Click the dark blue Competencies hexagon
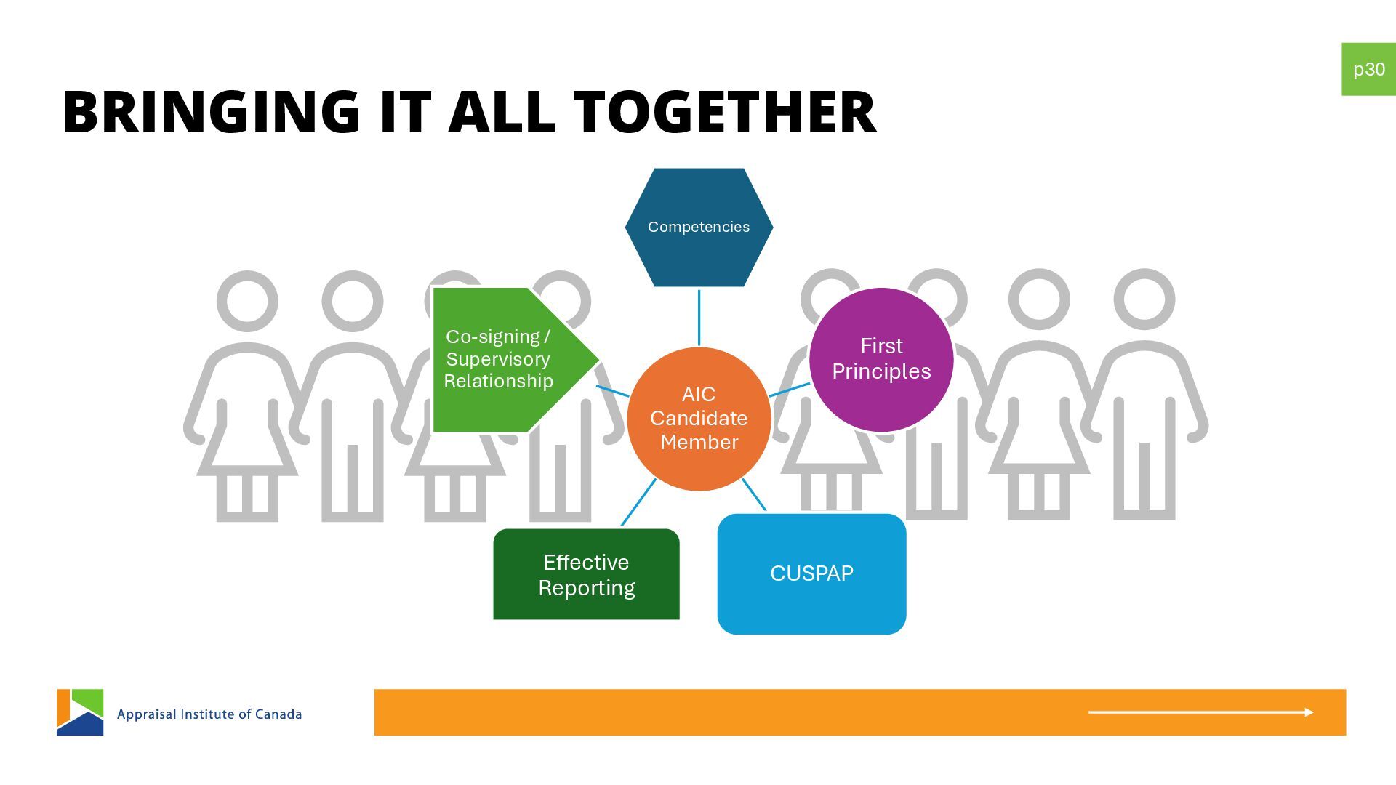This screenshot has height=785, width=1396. (699, 227)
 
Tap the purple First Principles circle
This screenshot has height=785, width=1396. (881, 359)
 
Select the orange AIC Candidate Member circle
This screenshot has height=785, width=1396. (699, 419)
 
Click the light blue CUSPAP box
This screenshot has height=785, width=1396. (811, 573)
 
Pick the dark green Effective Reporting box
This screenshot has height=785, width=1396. (586, 574)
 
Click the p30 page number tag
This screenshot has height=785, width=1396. (1368, 69)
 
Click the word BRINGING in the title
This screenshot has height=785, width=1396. (211, 113)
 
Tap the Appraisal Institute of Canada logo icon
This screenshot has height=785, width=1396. (80, 712)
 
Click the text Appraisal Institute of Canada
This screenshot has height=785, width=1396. (209, 714)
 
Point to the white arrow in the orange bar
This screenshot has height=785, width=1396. (1200, 712)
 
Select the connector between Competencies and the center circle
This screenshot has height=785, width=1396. (699, 318)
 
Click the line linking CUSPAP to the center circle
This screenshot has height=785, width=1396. (754, 494)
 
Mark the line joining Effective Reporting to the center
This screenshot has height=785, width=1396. (638, 502)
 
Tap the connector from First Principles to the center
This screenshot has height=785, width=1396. (790, 390)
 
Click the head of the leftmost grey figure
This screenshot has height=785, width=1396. (247, 301)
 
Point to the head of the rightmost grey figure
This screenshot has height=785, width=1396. (1144, 299)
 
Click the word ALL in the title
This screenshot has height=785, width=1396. (502, 113)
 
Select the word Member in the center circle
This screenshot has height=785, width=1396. (699, 442)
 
